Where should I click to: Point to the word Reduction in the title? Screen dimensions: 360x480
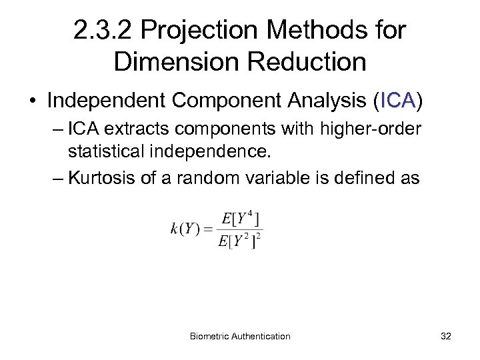[x=309, y=61]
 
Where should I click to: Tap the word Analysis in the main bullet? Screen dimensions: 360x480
[x=324, y=101]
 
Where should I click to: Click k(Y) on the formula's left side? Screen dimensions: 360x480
[x=186, y=229]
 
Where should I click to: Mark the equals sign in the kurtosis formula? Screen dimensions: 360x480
[x=208, y=229]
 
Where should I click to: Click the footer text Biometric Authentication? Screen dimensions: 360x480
[x=240, y=336]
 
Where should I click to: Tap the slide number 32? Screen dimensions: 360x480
[x=446, y=336]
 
